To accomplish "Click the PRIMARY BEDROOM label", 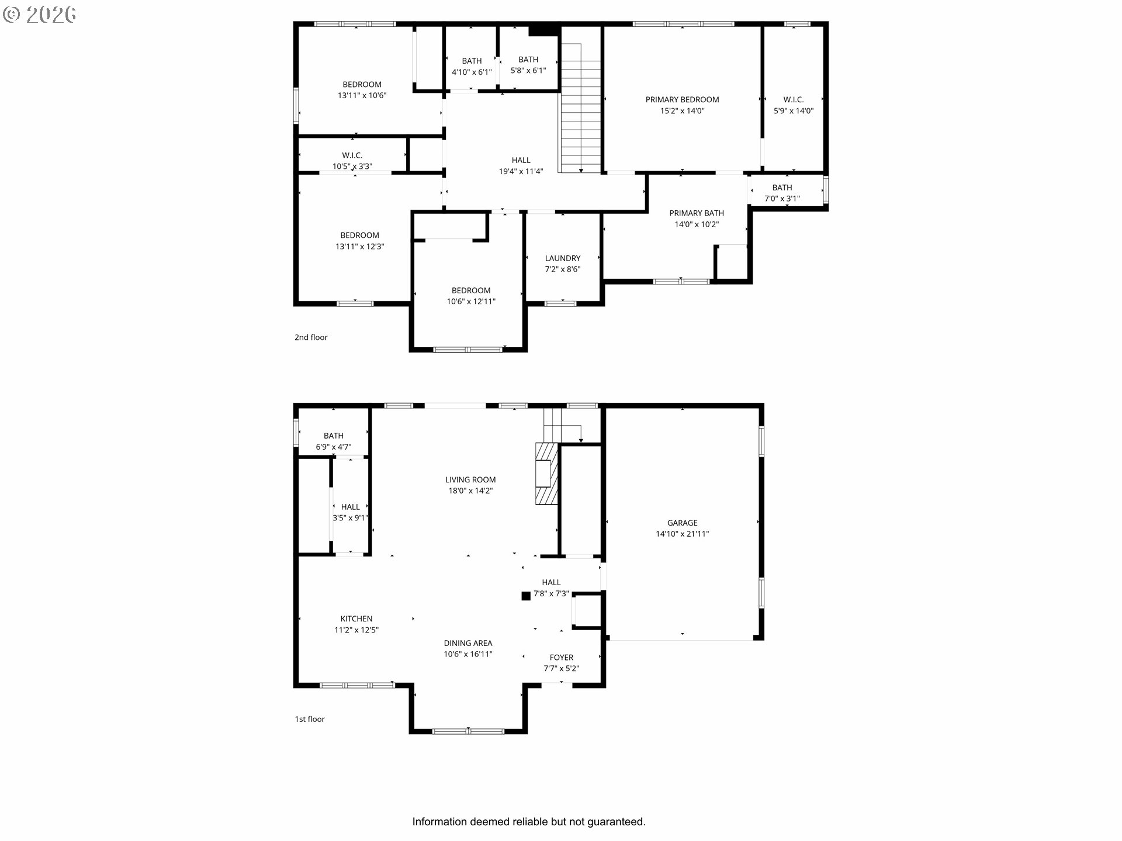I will click(682, 100).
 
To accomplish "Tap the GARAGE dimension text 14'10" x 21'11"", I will click(682, 534).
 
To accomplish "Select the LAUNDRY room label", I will click(562, 258).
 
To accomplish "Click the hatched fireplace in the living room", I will click(547, 474).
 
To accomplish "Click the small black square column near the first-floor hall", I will click(526, 596).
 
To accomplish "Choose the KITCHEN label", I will click(356, 619).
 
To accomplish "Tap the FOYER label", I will click(561, 658).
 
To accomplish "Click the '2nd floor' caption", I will click(311, 338).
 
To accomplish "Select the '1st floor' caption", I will click(310, 720).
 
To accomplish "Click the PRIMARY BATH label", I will click(697, 213).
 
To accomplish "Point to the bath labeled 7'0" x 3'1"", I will click(782, 193).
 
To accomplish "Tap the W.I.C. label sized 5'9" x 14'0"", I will click(793, 105).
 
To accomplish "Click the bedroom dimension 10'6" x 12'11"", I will click(471, 302).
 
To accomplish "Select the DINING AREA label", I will click(467, 644).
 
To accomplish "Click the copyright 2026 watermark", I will click(40, 15).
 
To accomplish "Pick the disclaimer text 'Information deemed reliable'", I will click(528, 822).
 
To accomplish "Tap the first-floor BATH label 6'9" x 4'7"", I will click(333, 442).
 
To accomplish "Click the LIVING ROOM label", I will click(470, 480).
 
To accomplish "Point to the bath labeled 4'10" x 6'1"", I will click(472, 66).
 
